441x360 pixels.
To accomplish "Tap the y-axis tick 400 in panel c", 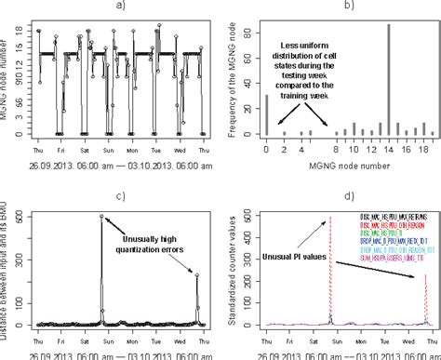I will (20, 237).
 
